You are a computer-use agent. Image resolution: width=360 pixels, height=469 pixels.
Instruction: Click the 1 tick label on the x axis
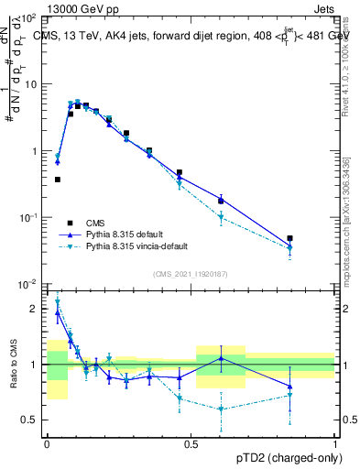(335, 442)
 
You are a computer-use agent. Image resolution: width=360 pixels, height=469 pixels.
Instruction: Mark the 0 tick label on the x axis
(46, 442)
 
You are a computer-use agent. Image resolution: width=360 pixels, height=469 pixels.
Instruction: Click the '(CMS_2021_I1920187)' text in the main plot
(191, 273)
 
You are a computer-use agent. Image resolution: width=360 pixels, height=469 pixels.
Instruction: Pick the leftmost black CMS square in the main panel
(58, 180)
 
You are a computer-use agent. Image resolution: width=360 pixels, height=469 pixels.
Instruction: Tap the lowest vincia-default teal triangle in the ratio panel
(221, 409)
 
